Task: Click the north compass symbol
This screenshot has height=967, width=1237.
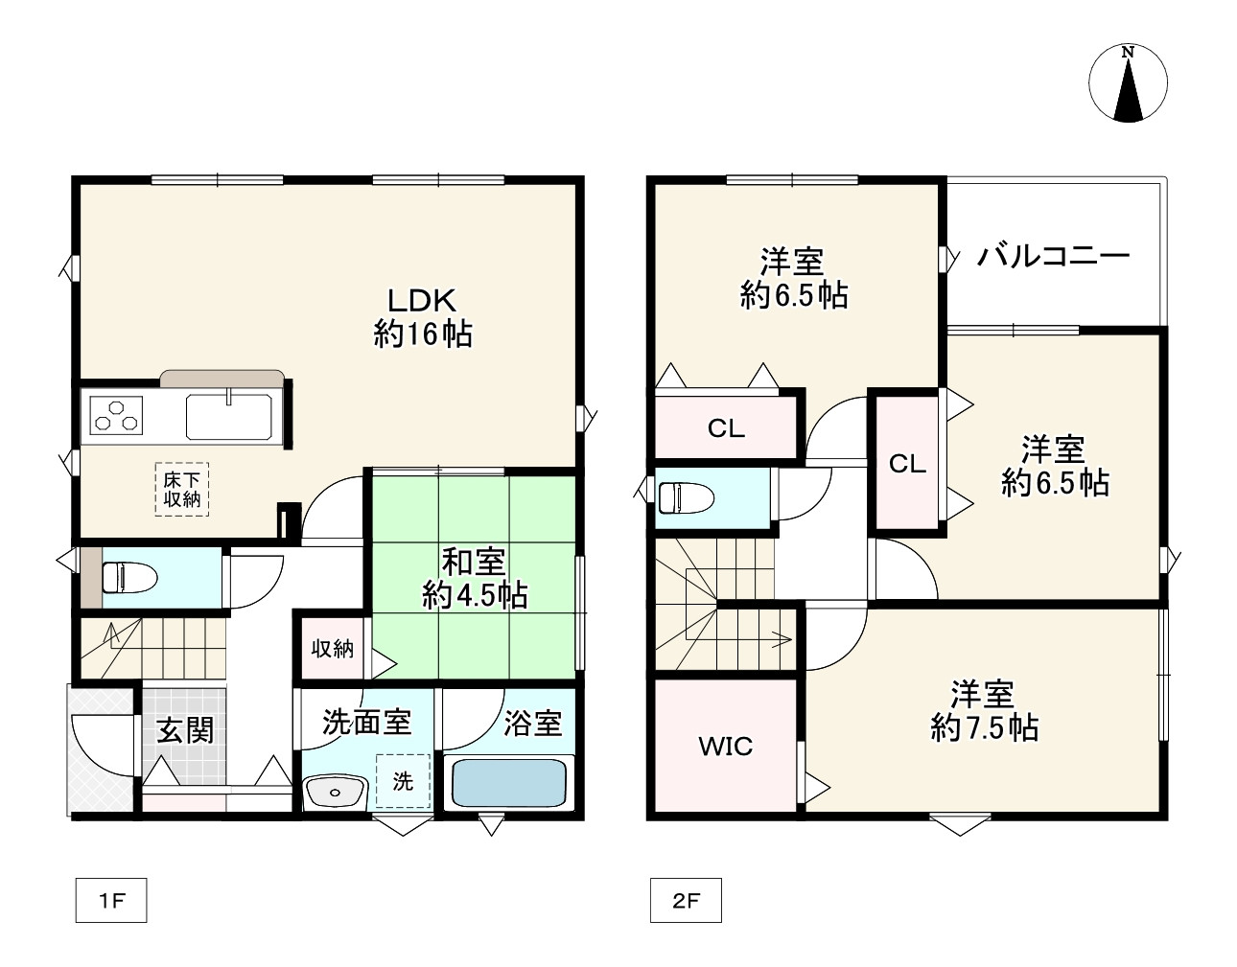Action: click(x=1128, y=83)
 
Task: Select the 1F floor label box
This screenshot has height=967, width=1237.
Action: click(x=111, y=900)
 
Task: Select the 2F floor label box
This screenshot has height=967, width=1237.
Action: click(x=686, y=900)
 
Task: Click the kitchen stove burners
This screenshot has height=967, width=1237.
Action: click(x=116, y=416)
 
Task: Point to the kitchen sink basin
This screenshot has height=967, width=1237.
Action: click(x=229, y=416)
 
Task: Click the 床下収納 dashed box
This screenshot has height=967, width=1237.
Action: click(x=182, y=489)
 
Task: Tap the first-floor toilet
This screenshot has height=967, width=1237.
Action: click(x=129, y=577)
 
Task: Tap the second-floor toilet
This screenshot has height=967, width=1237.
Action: click(x=686, y=498)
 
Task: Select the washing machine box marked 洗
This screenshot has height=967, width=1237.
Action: click(x=403, y=781)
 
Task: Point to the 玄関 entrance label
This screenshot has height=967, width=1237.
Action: click(x=185, y=729)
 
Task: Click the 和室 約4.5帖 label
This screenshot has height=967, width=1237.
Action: click(x=475, y=579)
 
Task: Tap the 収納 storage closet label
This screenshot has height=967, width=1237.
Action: click(x=332, y=649)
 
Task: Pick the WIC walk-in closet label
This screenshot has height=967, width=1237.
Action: click(x=726, y=746)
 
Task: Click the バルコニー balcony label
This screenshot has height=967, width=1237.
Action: click(x=1053, y=257)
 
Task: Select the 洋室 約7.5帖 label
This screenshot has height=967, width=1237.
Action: click(x=984, y=710)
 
